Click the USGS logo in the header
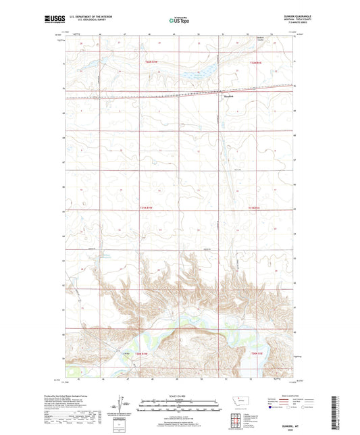(x=51, y=20)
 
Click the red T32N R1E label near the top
(x=255, y=63)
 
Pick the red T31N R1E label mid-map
(x=254, y=207)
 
